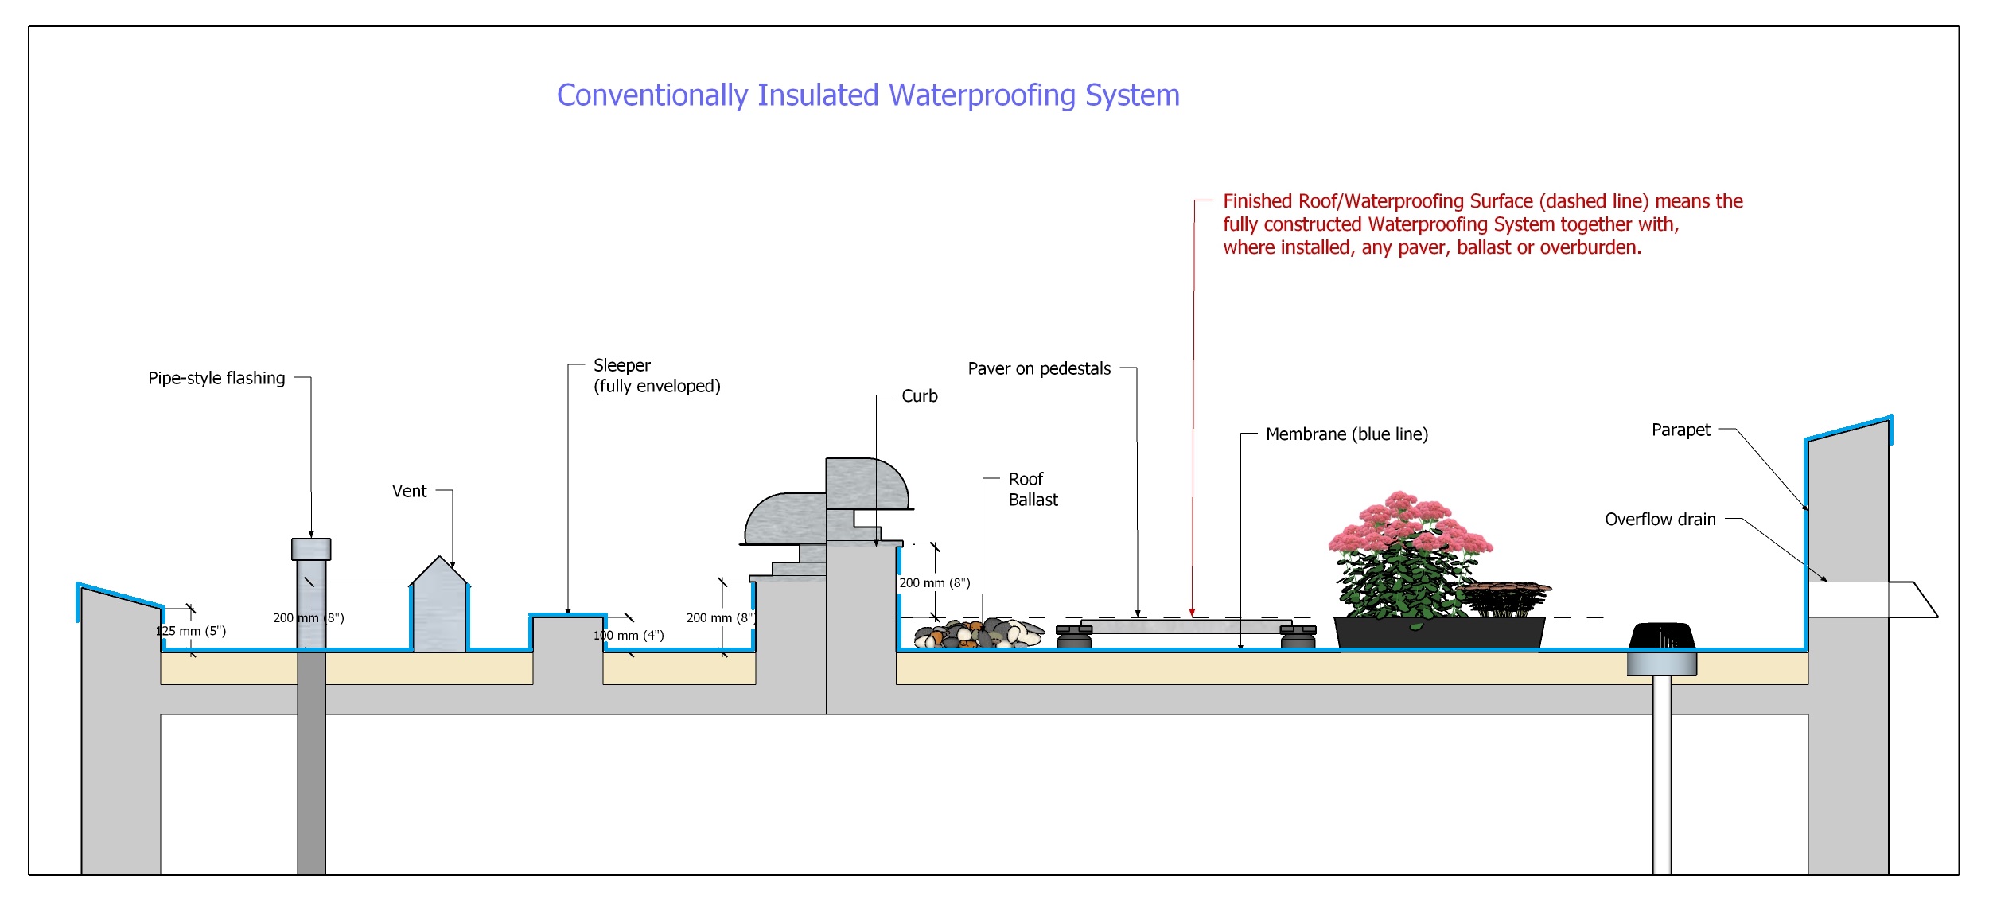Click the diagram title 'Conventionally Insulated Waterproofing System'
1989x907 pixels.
868,95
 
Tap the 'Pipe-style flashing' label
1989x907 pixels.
216,378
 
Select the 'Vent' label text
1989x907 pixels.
409,491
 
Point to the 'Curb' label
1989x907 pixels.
919,395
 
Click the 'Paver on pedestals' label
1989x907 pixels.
1039,368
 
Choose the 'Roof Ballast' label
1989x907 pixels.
1033,489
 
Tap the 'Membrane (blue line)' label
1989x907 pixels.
1346,434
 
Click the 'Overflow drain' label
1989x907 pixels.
1660,520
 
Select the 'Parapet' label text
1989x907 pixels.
1680,430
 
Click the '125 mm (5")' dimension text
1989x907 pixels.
191,631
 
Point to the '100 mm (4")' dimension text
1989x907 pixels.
629,635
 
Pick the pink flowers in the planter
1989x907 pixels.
1408,529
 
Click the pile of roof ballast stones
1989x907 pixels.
979,634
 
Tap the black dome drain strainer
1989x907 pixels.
1662,636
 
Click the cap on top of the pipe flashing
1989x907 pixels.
311,549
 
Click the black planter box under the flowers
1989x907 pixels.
1438,633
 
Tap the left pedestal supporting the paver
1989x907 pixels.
1074,636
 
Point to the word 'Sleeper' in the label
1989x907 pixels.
621,365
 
